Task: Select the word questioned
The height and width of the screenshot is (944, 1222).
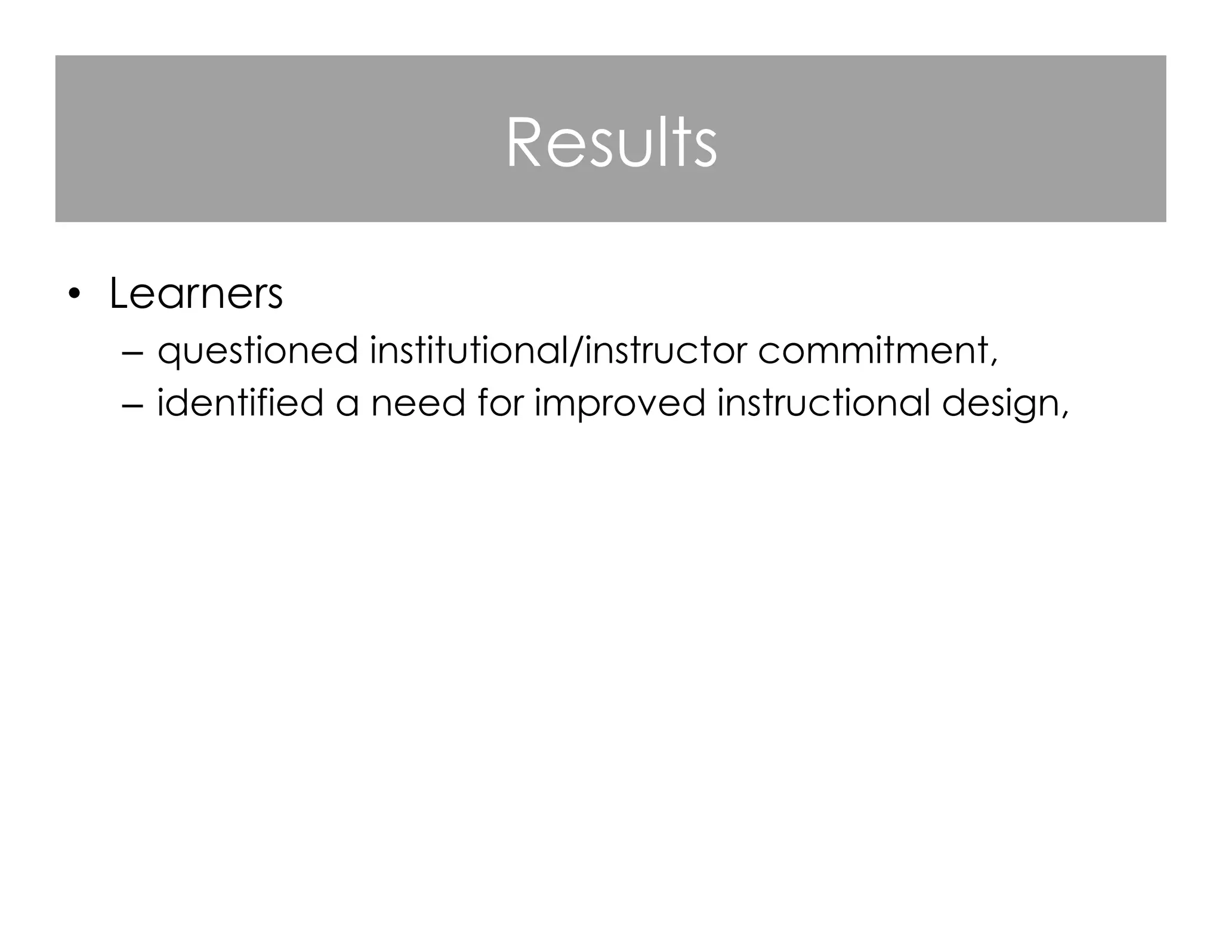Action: [x=257, y=351]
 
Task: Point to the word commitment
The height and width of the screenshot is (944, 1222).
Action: [x=873, y=351]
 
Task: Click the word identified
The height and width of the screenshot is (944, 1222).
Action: [x=240, y=403]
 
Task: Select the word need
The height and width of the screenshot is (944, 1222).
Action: [x=418, y=403]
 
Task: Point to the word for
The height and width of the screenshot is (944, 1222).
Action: [x=499, y=403]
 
